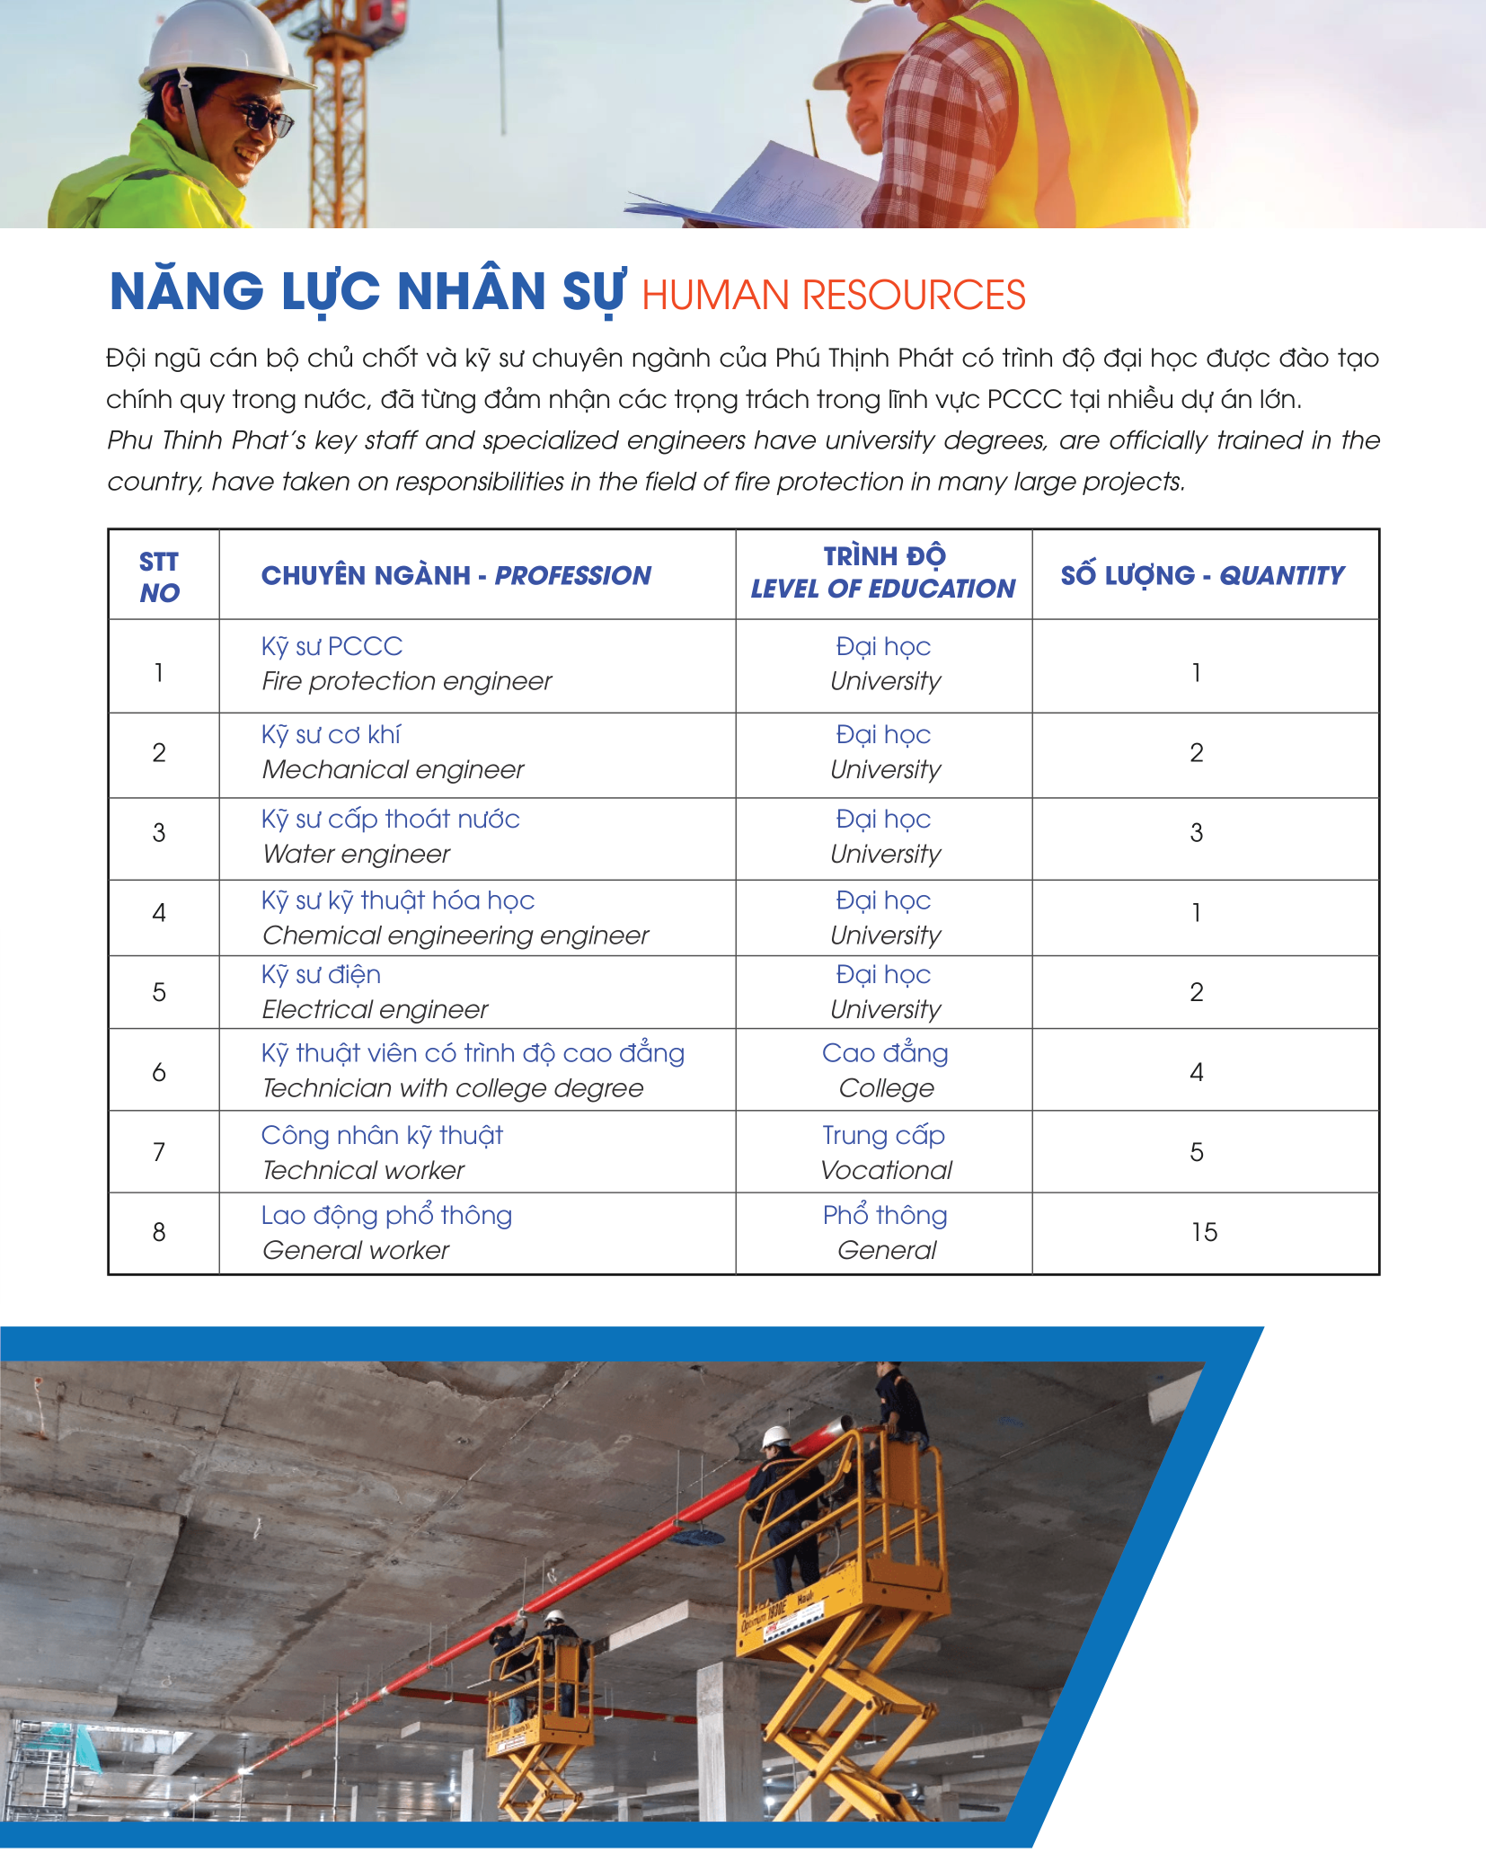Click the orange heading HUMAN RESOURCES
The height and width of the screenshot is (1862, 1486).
point(833,296)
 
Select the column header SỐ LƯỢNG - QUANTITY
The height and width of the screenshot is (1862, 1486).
point(1202,575)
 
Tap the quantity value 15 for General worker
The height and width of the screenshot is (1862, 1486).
point(1204,1232)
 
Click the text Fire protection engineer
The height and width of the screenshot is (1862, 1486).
point(406,681)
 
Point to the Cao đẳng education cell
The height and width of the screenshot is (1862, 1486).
point(885,1053)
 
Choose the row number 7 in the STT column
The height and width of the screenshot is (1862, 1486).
point(159,1152)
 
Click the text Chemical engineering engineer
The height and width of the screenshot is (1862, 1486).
point(455,935)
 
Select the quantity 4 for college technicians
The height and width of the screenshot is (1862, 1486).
point(1196,1072)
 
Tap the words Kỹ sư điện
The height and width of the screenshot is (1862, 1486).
point(321,975)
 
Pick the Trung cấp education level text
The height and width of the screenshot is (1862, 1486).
point(883,1136)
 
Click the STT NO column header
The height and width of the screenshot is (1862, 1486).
point(159,577)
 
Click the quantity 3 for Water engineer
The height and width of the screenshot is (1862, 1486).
point(1196,833)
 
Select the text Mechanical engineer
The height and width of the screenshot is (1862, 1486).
point(393,770)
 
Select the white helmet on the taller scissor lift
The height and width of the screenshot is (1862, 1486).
point(775,1436)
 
